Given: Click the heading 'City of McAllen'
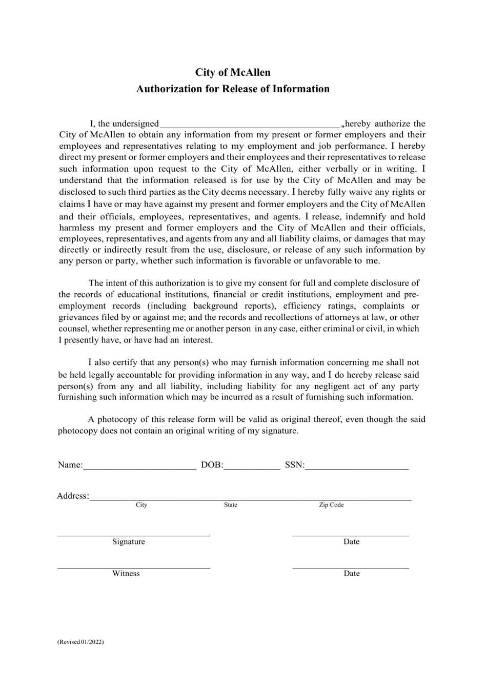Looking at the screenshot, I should [x=233, y=72].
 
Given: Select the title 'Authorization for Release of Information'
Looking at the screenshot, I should [x=233, y=89].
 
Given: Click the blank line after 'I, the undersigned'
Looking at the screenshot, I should [x=250, y=124].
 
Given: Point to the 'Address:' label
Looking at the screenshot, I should [x=73, y=496].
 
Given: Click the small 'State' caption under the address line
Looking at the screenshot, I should [x=231, y=505].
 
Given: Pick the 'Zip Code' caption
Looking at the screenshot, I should [x=331, y=505].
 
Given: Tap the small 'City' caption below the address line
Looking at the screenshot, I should [x=141, y=505].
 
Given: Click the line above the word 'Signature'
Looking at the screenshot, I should [x=133, y=535].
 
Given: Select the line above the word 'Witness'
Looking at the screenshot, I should [x=133, y=567].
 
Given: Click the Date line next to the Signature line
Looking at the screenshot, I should [x=351, y=535].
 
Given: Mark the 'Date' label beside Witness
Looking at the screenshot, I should [x=352, y=574].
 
